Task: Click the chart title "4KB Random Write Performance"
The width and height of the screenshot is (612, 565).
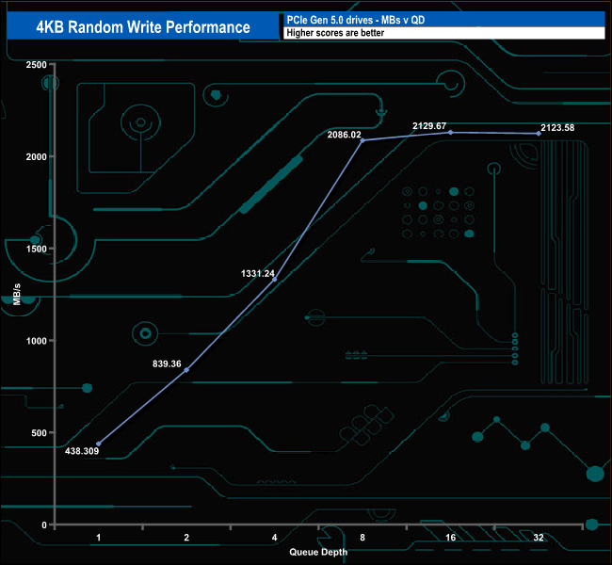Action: (143, 25)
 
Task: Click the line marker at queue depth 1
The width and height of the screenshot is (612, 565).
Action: (99, 444)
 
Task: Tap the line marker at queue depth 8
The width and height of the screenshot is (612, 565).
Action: (362, 140)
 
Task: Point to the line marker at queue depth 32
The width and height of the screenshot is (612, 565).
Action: (539, 134)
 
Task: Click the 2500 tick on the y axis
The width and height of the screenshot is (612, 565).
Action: (35, 64)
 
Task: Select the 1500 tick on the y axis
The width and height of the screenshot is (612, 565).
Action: (35, 249)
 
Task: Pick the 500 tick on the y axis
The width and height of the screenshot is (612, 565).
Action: (38, 432)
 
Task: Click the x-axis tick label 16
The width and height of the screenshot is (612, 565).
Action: (450, 538)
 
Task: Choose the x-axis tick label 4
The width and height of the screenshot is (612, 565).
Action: (274, 538)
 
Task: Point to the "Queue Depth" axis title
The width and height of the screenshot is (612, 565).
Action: (317, 552)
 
